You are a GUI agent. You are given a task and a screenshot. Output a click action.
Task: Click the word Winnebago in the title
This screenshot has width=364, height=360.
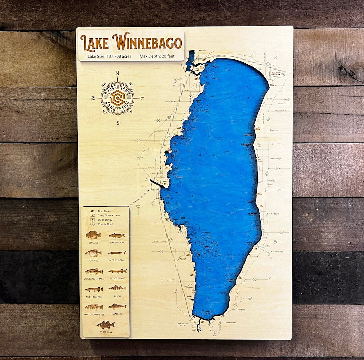149,41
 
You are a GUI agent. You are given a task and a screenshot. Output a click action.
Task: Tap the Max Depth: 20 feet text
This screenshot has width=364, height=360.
157,56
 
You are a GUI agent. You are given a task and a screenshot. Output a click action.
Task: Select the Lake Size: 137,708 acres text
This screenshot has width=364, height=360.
109,56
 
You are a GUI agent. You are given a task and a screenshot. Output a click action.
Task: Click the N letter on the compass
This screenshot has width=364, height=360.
117,73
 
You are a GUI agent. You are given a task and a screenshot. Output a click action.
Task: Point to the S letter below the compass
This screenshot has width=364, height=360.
118,123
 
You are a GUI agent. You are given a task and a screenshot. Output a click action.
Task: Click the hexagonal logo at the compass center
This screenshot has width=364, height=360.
118,98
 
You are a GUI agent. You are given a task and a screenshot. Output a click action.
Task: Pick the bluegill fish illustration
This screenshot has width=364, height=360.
93,235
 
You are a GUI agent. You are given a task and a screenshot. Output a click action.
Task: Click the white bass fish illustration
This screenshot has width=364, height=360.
105,325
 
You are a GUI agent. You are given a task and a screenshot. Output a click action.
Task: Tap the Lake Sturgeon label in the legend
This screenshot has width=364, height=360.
117,260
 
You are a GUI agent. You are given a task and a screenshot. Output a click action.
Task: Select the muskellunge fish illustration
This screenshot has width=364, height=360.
117,271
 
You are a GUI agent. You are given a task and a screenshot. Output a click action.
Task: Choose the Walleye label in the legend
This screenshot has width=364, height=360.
117,314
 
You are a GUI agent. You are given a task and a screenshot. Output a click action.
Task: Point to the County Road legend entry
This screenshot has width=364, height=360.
105,224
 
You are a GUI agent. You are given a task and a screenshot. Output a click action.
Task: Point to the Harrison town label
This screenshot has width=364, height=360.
273,129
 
